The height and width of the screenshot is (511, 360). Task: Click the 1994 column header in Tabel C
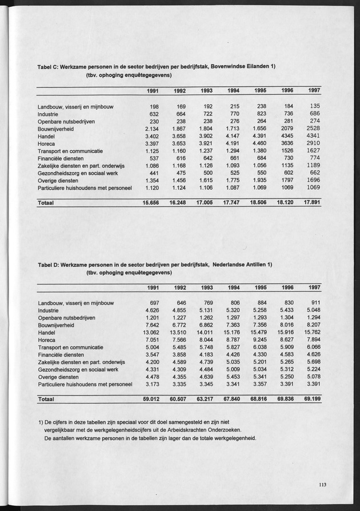pyautogui.click(x=233, y=91)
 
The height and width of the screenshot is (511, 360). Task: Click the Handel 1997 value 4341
pyautogui.click(x=312, y=137)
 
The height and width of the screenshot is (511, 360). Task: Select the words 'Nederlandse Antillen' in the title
pyautogui.click(x=239, y=264)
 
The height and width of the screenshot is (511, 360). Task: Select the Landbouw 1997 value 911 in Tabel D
pyautogui.click(x=314, y=302)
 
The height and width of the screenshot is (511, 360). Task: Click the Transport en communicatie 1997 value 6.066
pyautogui.click(x=312, y=347)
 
